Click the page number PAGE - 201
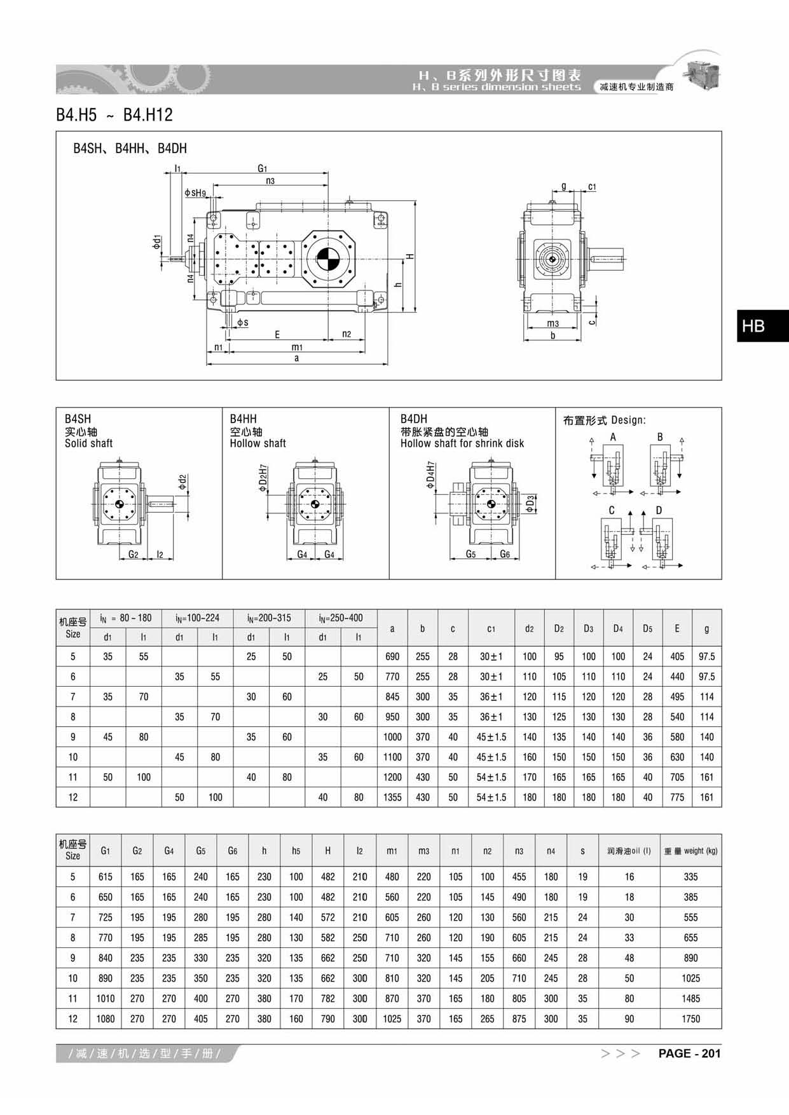689,1053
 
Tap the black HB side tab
763,326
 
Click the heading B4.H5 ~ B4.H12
114,115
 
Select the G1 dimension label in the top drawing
263,168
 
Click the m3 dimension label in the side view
553,323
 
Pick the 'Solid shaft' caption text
88,443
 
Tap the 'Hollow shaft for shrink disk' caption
462,443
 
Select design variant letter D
659,510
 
